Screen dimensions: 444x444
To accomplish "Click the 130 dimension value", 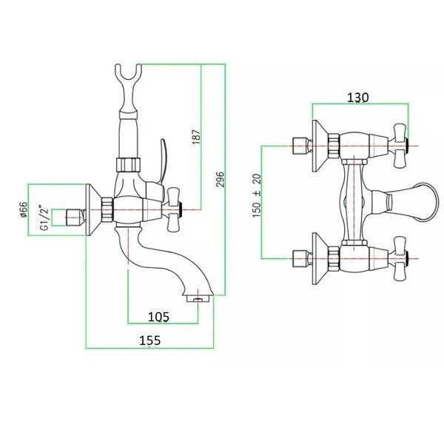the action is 358,98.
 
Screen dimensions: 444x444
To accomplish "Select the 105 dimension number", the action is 158,317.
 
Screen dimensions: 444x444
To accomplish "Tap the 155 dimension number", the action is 149,340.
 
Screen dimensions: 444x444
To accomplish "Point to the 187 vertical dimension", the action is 196,137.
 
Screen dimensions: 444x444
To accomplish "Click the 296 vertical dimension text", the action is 220,179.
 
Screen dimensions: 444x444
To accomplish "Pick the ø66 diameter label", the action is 24,210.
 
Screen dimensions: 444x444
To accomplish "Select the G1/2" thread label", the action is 44,217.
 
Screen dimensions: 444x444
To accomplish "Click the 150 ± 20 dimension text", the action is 257,195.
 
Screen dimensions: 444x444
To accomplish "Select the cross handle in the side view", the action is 174,210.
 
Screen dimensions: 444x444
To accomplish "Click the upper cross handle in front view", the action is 400,146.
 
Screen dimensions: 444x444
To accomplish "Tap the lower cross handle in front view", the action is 400,258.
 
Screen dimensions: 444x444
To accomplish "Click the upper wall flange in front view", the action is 320,146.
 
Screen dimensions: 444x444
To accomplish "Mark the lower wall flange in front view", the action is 320,258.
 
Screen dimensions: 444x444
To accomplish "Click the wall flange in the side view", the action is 93,210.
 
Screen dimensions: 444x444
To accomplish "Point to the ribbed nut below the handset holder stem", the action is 128,164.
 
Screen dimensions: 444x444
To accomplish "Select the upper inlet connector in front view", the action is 300,146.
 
